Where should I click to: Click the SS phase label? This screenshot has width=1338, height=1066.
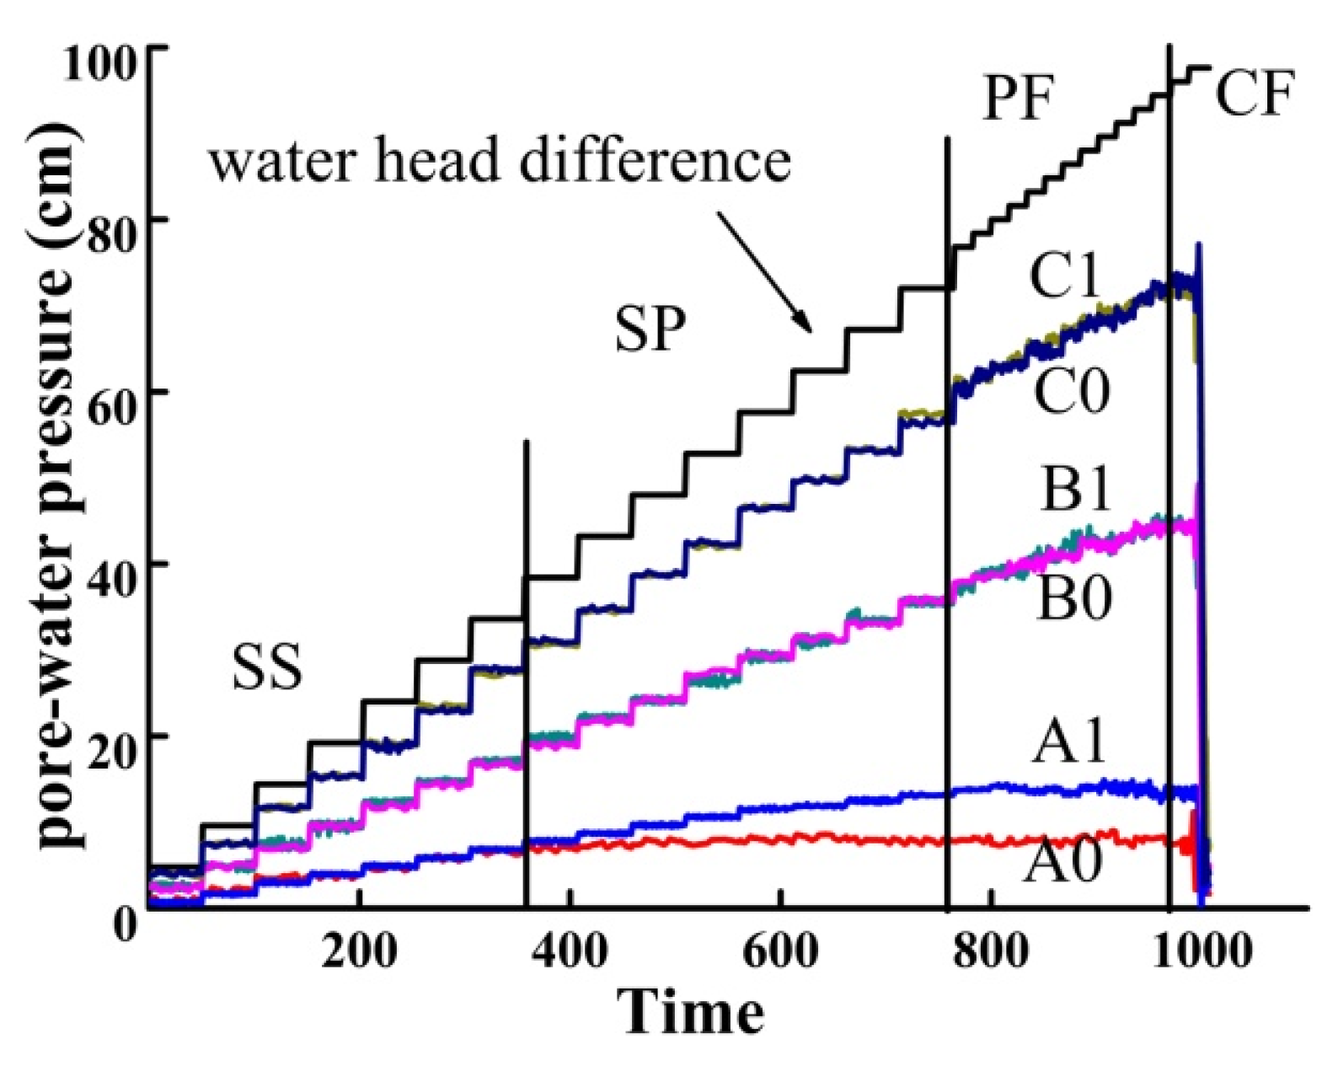point(266,669)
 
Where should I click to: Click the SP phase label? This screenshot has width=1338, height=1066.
point(650,329)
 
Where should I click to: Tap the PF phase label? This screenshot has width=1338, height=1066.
point(1019,99)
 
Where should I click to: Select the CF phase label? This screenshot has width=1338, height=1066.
point(1254,94)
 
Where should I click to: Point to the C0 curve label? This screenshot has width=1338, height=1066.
point(1072,392)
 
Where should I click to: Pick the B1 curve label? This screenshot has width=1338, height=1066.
point(1076,489)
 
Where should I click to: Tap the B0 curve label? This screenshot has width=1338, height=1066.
point(1073,596)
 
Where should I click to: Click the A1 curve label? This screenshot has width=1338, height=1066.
point(1068,742)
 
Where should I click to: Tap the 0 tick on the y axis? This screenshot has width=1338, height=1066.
point(125,924)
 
